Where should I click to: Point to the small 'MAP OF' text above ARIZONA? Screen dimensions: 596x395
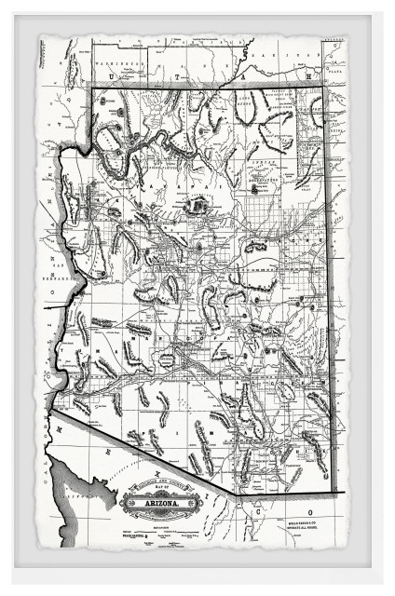point(152,494)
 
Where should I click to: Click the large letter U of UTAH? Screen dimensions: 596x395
point(135,74)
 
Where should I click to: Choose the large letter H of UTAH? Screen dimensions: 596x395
point(307,74)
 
